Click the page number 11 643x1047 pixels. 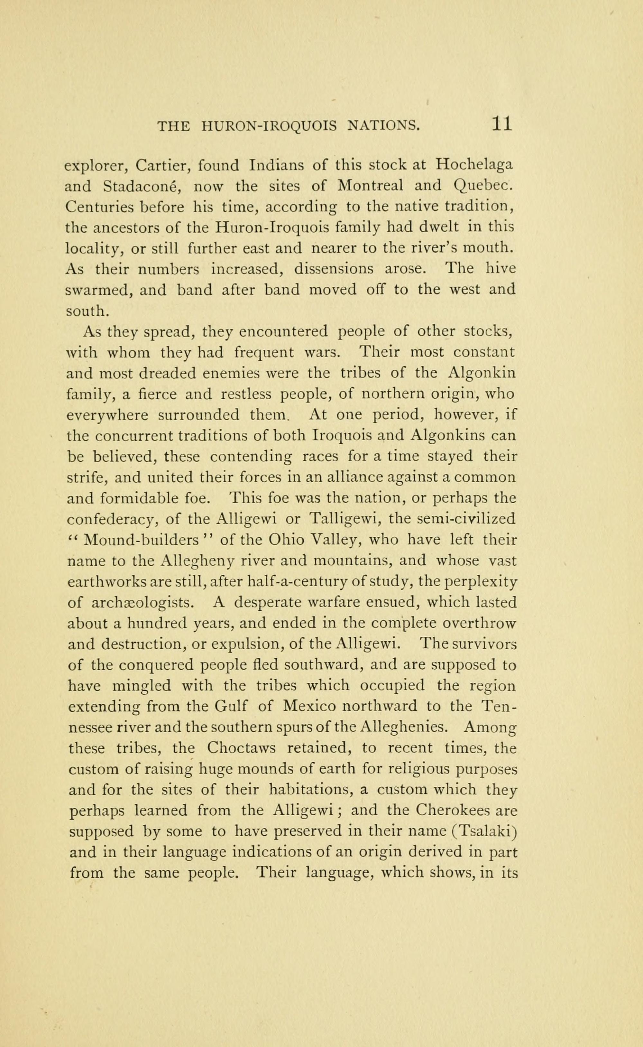[x=502, y=124]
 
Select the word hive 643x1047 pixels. [x=501, y=269]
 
